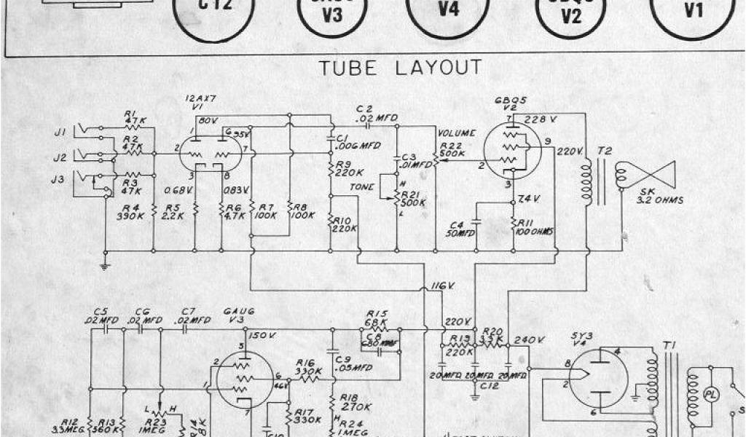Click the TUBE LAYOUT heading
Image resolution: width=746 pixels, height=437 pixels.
(x=400, y=68)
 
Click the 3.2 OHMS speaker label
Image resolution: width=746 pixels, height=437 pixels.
(x=659, y=201)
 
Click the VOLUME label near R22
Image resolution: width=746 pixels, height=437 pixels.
(x=456, y=133)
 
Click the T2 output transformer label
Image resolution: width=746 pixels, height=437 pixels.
(x=604, y=151)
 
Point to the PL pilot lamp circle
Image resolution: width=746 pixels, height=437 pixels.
(x=711, y=394)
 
